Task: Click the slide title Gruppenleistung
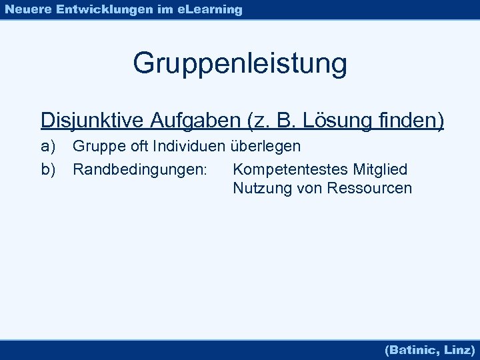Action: (240, 64)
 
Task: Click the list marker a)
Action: (48, 145)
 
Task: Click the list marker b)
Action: (48, 170)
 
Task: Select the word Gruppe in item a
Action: (98, 145)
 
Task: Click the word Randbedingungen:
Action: (140, 170)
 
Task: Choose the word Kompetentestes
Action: (291, 170)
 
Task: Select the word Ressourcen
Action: (369, 189)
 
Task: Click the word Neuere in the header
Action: (27, 9)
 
